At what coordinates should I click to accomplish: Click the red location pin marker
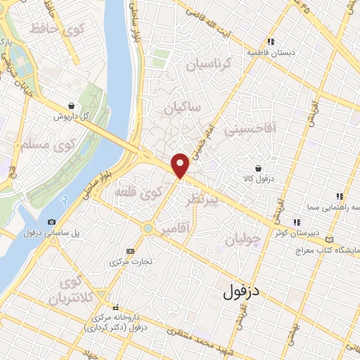(181, 165)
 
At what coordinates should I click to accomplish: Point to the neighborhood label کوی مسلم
(33, 145)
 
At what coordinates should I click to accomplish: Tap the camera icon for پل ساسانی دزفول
(51, 222)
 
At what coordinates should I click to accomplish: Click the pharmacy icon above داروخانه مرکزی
(116, 307)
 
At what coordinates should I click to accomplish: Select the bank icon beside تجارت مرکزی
(130, 251)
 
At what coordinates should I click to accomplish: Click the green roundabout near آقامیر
(148, 229)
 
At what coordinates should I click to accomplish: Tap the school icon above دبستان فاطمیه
(271, 41)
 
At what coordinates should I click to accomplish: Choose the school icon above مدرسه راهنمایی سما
(338, 197)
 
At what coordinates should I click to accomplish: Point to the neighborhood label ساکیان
(182, 108)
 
